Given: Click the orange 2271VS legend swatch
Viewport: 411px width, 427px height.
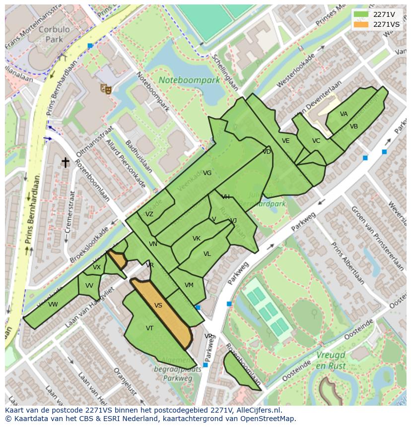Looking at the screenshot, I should (x=361, y=24).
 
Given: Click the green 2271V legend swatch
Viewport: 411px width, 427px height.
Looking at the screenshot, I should (x=361, y=14).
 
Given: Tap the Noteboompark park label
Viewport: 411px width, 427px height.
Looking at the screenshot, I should (x=189, y=80).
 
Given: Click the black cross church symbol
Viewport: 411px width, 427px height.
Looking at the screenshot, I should (x=65, y=162).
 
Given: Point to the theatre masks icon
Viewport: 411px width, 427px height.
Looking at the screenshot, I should (x=105, y=89).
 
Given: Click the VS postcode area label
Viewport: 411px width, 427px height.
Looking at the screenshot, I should (x=158, y=305).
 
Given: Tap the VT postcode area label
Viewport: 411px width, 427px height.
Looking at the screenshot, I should (x=149, y=328).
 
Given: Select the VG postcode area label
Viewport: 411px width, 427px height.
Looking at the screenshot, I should (x=207, y=173).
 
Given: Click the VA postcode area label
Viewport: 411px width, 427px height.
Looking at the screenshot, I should (x=343, y=114).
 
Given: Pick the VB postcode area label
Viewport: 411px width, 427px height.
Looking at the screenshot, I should (x=353, y=126).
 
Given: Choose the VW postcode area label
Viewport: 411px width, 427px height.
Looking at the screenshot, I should (x=53, y=305).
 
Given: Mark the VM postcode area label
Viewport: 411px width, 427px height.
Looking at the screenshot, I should (x=189, y=285).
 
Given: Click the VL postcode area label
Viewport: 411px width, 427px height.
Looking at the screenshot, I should (x=207, y=254).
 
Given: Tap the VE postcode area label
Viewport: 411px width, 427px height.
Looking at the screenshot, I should (x=285, y=141).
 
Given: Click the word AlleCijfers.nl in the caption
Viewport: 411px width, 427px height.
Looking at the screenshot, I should (x=258, y=410).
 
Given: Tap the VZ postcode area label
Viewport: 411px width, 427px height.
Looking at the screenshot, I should (x=149, y=214).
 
